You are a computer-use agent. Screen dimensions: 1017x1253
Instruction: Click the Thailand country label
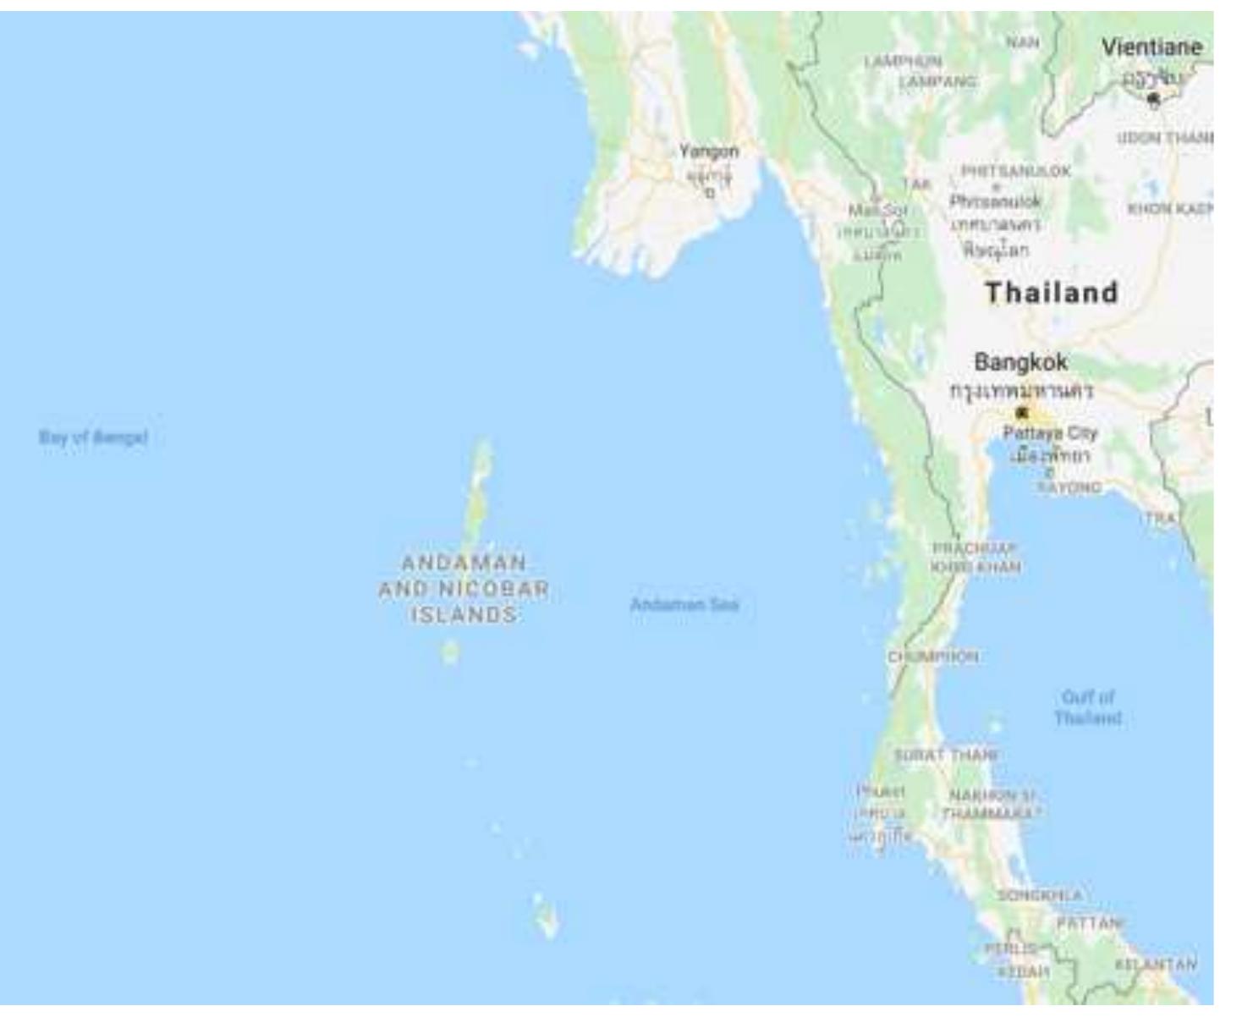click(1052, 293)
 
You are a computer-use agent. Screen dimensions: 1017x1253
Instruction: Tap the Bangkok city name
click(1021, 362)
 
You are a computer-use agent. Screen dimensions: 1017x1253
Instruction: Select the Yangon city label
click(709, 151)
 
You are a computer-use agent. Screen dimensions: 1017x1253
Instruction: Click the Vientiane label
click(1151, 47)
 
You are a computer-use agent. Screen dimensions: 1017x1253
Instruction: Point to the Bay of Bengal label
click(93, 437)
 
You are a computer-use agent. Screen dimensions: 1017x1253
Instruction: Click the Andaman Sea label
click(684, 604)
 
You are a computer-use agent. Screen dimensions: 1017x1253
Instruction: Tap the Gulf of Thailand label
click(1088, 707)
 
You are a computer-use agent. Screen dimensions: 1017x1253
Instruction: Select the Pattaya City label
click(1050, 433)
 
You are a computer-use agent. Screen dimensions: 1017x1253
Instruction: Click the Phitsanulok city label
click(996, 201)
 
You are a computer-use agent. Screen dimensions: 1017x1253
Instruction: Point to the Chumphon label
click(933, 657)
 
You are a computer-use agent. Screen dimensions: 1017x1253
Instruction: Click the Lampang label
click(937, 81)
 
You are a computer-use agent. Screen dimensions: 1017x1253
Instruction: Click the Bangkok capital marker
click(1022, 413)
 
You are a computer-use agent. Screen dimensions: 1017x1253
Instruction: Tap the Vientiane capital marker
click(1153, 99)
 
